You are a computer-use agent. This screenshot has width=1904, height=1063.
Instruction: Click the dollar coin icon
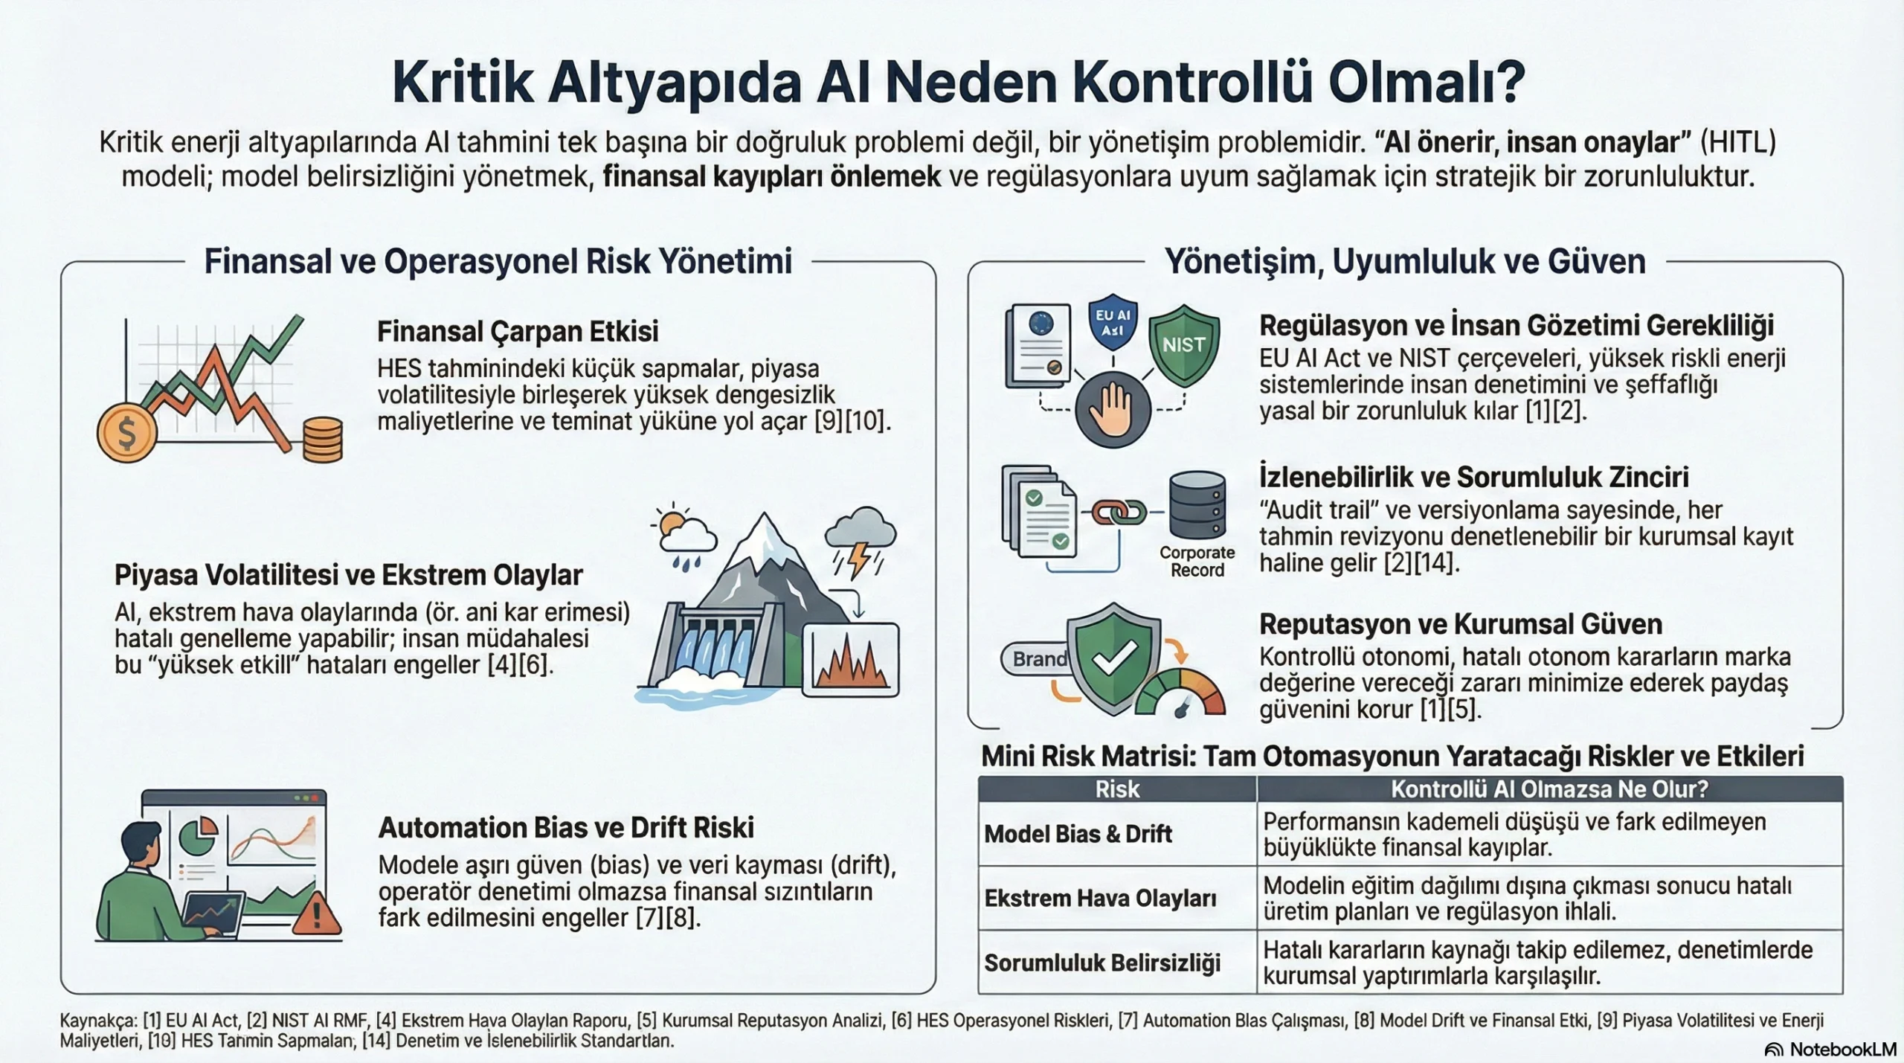[127, 432]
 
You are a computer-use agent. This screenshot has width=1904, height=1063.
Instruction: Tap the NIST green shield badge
[1183, 345]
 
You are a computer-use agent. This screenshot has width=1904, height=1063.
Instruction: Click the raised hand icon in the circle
[1113, 409]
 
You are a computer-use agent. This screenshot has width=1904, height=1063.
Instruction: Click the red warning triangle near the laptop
[318, 914]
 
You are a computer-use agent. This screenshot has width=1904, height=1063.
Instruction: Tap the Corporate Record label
[1197, 562]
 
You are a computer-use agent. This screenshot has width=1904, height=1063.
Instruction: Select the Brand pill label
[1038, 659]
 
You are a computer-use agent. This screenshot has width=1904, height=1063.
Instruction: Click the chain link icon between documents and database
[1119, 512]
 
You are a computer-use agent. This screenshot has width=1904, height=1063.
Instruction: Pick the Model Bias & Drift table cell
[1078, 834]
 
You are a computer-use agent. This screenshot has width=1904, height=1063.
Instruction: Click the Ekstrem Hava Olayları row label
[1100, 898]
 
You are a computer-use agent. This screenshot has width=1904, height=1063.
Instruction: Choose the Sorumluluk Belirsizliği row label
[1102, 963]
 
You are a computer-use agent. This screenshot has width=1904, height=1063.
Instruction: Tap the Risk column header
[1117, 789]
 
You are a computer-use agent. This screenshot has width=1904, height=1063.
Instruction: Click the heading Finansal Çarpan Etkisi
[518, 332]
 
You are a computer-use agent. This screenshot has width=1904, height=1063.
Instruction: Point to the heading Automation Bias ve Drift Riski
[566, 828]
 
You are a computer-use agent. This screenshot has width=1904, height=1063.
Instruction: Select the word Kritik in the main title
[463, 83]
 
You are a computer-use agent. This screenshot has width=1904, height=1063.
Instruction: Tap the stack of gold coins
[323, 440]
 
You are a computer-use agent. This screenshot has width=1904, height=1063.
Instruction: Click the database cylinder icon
[1197, 504]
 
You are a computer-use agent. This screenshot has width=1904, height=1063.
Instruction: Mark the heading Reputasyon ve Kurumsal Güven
[1460, 624]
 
